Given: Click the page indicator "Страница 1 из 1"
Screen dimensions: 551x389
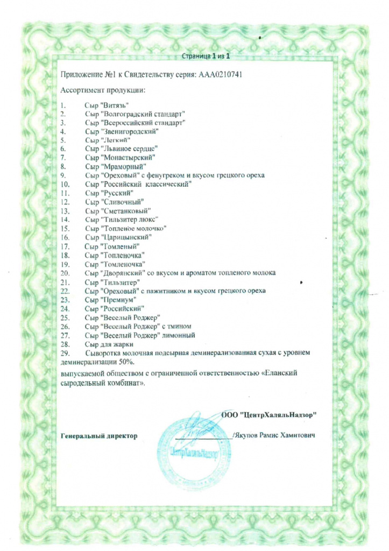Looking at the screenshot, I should [207, 55].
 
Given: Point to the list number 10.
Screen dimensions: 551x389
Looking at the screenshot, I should [64, 184].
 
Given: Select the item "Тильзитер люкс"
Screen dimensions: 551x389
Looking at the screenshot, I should [129, 219].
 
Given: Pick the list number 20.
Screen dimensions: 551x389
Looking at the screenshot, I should [65, 272].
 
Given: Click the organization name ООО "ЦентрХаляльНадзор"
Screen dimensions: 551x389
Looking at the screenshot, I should [268, 414].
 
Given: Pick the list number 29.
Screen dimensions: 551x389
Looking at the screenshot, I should [65, 352].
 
